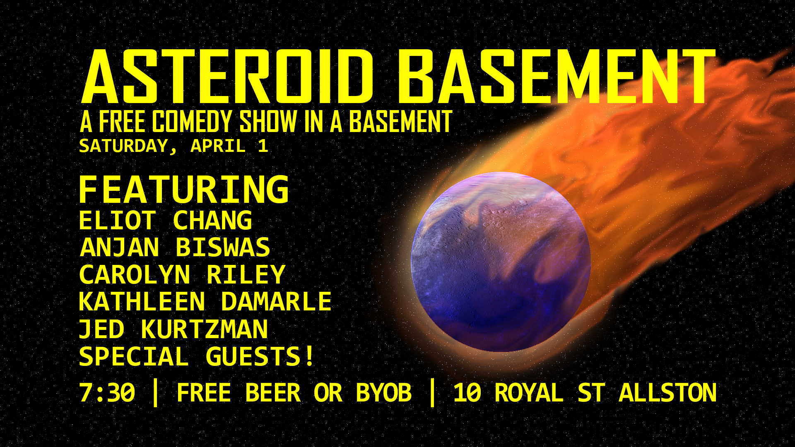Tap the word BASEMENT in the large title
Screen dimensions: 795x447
point(557,77)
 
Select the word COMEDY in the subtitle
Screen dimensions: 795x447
point(192,122)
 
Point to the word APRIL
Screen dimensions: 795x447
point(218,146)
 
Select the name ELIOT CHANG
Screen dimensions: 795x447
point(166,220)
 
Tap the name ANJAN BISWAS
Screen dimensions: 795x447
point(175,248)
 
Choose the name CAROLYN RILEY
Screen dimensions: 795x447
point(182,274)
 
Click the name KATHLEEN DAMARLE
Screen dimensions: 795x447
point(205,301)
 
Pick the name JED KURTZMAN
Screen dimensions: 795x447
point(173,329)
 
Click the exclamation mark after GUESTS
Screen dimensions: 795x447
point(310,356)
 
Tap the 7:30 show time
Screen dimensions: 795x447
point(107,393)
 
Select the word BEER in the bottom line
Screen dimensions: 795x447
point(273,393)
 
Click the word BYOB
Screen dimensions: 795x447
point(384,393)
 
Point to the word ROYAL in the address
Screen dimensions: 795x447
point(529,393)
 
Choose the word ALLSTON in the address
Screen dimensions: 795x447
point(667,393)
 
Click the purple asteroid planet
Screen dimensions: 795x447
point(501,262)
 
